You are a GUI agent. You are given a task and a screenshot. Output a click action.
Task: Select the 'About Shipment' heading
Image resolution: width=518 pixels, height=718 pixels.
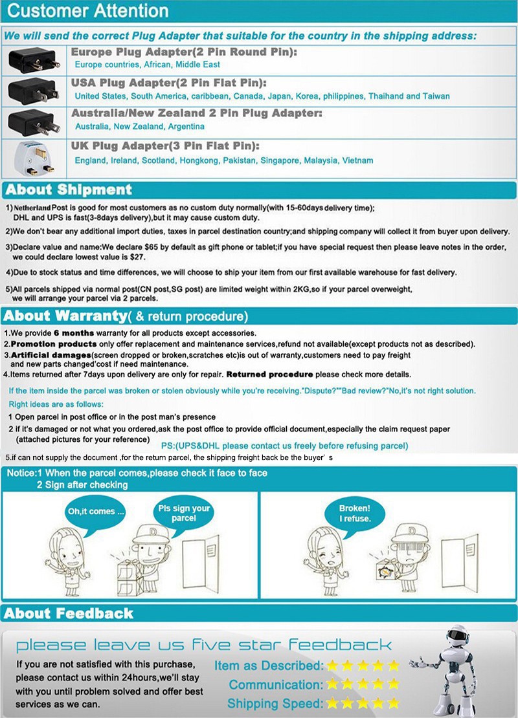[x=69, y=190]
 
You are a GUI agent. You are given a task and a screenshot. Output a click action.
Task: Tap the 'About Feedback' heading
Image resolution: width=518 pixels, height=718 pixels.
[x=69, y=613]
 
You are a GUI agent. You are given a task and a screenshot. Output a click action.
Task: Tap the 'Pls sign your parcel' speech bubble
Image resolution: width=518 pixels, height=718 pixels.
[x=184, y=513]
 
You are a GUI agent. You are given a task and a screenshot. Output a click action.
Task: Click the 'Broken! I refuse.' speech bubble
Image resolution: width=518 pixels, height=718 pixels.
[x=354, y=513]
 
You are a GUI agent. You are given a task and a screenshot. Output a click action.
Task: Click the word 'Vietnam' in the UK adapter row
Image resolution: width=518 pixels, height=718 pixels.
[x=358, y=160]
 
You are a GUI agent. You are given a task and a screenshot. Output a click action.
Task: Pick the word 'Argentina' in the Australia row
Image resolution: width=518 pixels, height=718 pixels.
[x=186, y=126]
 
